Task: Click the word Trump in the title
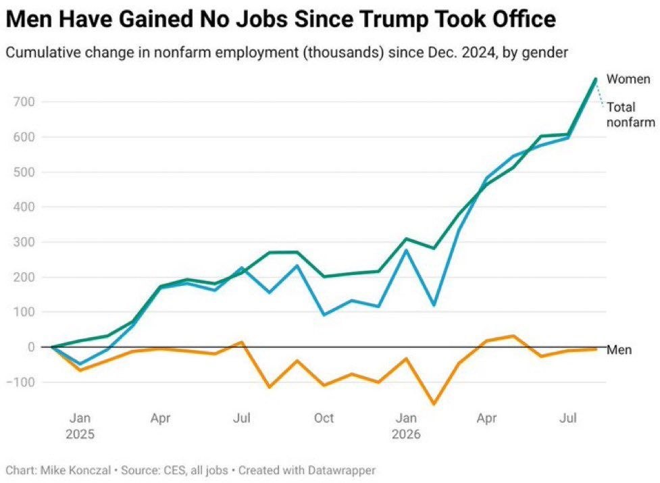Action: click(x=388, y=20)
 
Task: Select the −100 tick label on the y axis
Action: click(x=20, y=382)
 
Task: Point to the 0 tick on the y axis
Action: click(x=30, y=347)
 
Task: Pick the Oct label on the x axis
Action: click(x=324, y=418)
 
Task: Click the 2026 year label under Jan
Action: click(x=406, y=434)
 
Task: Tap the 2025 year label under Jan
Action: click(x=80, y=434)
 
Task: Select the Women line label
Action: click(x=628, y=79)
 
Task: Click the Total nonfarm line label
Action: click(x=630, y=115)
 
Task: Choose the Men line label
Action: click(x=619, y=350)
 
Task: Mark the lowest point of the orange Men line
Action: click(x=434, y=405)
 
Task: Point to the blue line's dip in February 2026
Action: click(x=434, y=305)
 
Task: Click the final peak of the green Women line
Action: click(x=596, y=79)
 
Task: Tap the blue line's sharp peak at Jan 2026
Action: click(x=406, y=250)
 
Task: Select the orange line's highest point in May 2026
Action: click(x=513, y=336)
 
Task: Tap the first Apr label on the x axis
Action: click(x=160, y=419)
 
